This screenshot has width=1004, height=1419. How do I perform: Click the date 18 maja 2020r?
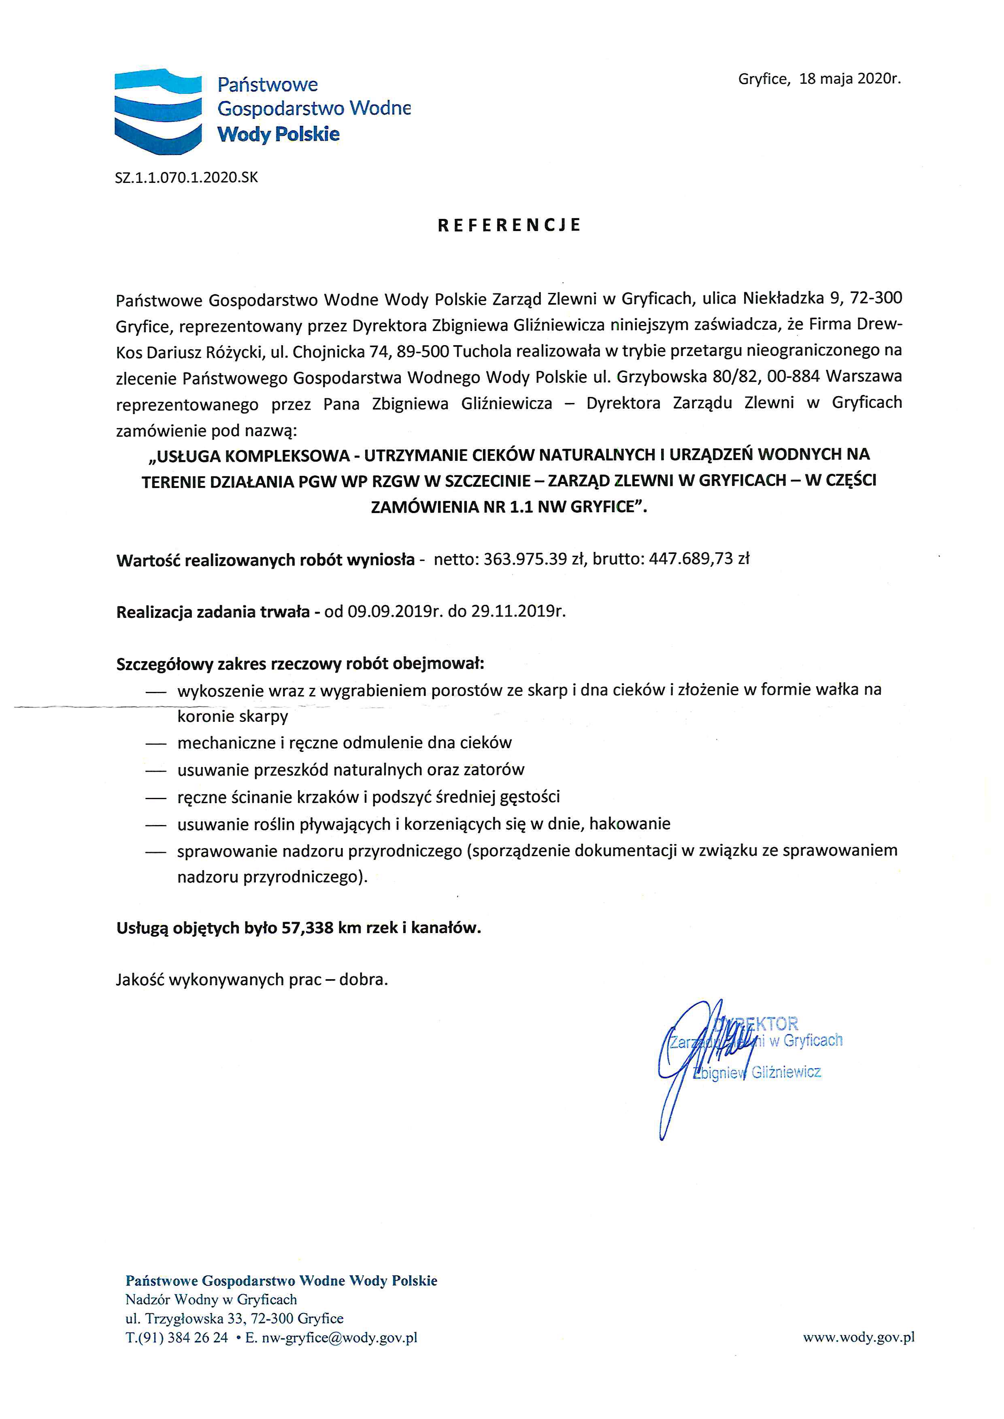point(850,79)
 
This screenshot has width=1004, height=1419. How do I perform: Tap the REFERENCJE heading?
point(509,225)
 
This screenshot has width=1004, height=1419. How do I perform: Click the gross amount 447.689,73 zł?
point(699,559)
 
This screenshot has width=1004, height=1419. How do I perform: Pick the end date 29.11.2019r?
point(518,612)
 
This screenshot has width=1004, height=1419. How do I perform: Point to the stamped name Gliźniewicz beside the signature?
point(786,1072)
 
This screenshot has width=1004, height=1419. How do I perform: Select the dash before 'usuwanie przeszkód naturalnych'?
point(156,771)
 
